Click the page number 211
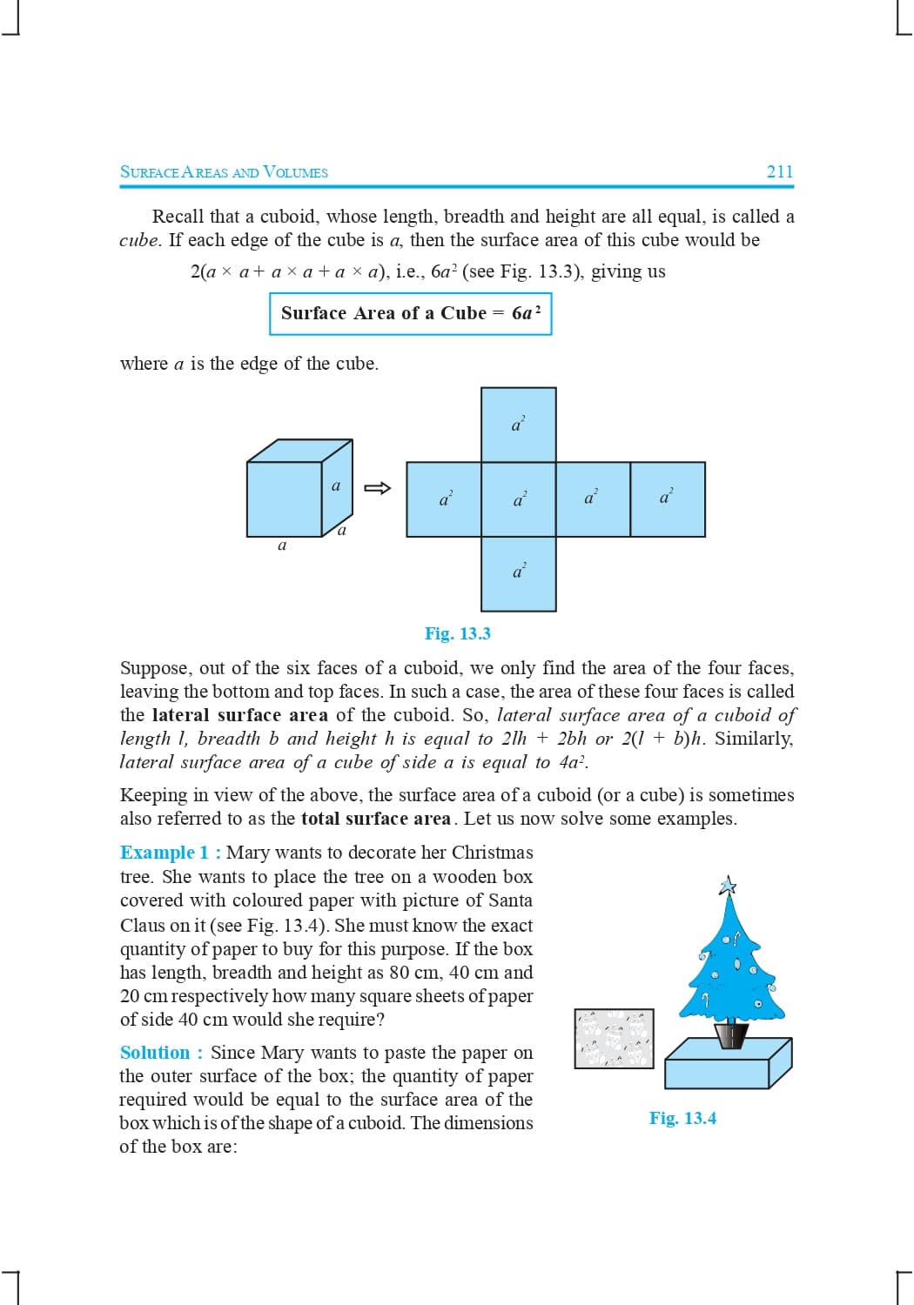point(779,171)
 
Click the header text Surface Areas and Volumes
point(224,172)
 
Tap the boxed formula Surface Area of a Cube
point(410,313)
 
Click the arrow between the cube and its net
point(377,488)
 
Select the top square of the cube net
point(519,425)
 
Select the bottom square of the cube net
point(519,573)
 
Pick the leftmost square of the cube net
point(444,499)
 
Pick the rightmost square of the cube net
point(668,499)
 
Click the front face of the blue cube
point(285,499)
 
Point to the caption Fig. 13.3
point(457,633)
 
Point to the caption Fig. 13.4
point(682,1118)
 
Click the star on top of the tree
point(728,887)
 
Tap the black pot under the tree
point(731,1034)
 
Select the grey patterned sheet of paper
point(614,1039)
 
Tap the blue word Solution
point(155,1053)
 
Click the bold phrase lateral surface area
point(239,715)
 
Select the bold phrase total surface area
point(375,819)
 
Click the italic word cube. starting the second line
point(139,240)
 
